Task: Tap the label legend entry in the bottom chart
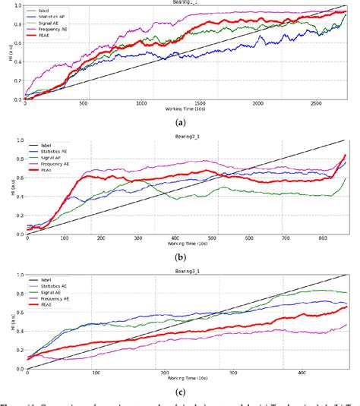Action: pos(55,280)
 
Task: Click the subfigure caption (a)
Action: pos(181,121)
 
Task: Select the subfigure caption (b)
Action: pos(181,256)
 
